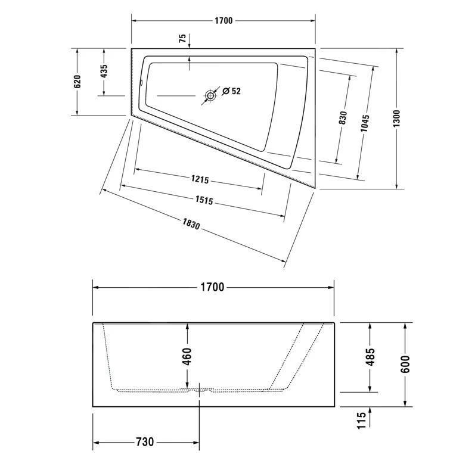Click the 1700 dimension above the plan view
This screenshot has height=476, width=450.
pos(223,21)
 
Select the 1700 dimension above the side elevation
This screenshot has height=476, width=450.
pos(212,287)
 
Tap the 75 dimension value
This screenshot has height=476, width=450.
pos(182,39)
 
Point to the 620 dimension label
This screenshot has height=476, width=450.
pos(77,82)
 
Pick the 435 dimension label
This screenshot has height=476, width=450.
pos(104,71)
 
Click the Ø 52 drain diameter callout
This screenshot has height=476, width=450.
pos(231,91)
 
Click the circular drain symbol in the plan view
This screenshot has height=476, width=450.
pos(210,95)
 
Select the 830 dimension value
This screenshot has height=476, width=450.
pos(343,117)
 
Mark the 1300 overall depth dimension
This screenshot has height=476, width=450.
pos(396,118)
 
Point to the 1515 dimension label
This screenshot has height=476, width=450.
pos(203,201)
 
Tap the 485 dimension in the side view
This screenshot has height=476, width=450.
pos(370,357)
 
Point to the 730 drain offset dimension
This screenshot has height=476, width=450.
pos(144,441)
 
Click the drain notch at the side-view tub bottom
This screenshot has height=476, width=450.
pos(199,391)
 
